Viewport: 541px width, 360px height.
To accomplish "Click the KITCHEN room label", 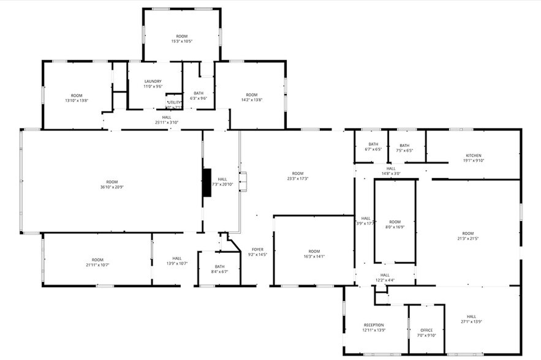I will pyautogui.click(x=473, y=156).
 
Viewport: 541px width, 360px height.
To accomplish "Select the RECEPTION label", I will pyautogui.click(x=373, y=325).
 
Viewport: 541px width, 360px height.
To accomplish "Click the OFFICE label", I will pyautogui.click(x=426, y=330).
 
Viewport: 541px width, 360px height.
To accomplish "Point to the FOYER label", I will pyautogui.click(x=257, y=249).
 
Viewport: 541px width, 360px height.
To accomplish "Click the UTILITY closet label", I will pyautogui.click(x=174, y=102).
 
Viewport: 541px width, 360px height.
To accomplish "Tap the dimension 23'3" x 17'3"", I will pyautogui.click(x=298, y=178).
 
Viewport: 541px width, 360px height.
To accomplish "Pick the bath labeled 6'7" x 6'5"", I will pyautogui.click(x=373, y=147).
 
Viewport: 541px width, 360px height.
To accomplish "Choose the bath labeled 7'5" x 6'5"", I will pyautogui.click(x=404, y=147).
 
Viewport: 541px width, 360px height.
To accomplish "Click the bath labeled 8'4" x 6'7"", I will pyautogui.click(x=219, y=269).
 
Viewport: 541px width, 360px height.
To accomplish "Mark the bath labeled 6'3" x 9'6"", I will pyautogui.click(x=198, y=96).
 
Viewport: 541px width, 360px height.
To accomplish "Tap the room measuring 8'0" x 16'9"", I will pyautogui.click(x=395, y=224).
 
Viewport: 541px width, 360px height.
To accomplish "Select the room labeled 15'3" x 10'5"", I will pyautogui.click(x=181, y=39).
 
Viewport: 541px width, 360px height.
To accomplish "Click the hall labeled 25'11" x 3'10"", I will pyautogui.click(x=167, y=119).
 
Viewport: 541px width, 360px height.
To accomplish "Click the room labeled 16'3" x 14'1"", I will pyautogui.click(x=314, y=254).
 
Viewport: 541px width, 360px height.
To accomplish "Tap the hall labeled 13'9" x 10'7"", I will pyautogui.click(x=176, y=261).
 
